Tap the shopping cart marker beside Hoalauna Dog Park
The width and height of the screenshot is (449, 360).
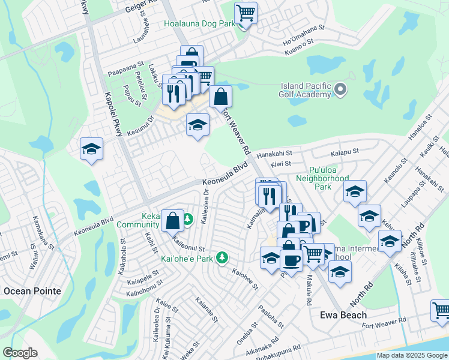pos(246,12)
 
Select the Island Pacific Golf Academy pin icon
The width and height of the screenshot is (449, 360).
pos(341,90)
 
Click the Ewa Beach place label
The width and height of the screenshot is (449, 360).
pos(331,314)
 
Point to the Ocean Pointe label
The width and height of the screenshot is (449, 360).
pos(32,291)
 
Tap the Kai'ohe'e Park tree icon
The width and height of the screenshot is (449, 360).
pos(223,257)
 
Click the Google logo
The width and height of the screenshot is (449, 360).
pos(20,353)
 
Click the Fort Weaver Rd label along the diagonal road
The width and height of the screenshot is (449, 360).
pos(235,132)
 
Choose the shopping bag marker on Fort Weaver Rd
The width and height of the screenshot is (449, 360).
pos(221,96)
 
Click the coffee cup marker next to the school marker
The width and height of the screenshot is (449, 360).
pos(292,260)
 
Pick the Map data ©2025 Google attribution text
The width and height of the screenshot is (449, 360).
pos(411,355)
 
